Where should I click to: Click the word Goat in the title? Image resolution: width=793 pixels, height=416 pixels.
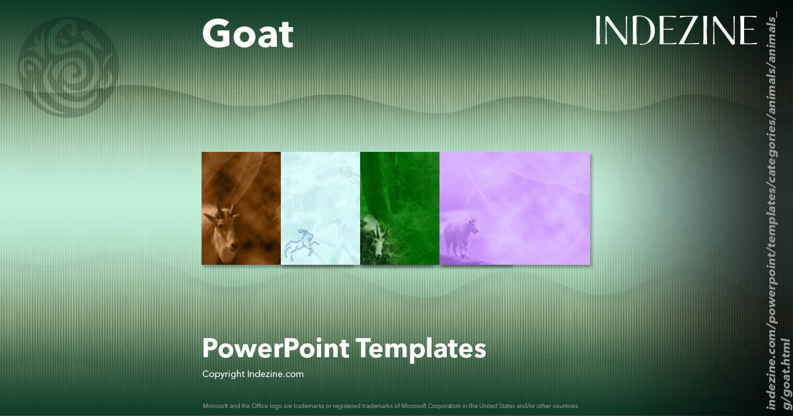tap(247, 34)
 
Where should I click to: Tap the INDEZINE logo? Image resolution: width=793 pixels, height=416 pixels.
tap(675, 30)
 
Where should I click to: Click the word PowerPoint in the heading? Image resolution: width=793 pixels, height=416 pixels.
tap(276, 348)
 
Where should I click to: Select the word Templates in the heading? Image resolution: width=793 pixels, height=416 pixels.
tap(422, 348)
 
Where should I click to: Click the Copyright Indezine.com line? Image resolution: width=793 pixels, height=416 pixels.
tap(252, 374)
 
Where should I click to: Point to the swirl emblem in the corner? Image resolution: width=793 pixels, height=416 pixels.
tap(69, 65)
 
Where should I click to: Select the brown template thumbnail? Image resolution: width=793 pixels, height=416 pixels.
tap(241, 208)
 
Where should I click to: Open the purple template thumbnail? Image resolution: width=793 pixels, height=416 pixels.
tap(515, 208)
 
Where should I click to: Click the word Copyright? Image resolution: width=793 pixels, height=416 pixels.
tap(223, 374)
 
